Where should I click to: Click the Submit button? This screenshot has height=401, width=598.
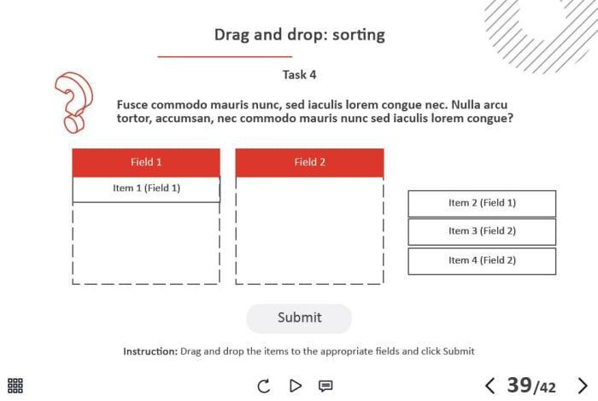(x=299, y=318)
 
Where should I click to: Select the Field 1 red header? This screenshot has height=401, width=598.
(x=146, y=163)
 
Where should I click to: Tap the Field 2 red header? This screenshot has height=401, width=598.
(x=309, y=163)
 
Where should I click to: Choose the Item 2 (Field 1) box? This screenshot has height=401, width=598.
(x=482, y=203)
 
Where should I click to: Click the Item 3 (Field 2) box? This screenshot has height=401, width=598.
(x=482, y=231)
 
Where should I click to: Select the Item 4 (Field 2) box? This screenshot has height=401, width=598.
(x=482, y=261)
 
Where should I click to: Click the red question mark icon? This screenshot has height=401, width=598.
(x=73, y=102)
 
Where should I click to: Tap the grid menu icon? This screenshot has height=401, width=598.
(x=15, y=386)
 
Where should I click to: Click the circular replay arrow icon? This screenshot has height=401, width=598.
(x=263, y=386)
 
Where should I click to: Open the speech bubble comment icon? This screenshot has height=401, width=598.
(x=325, y=386)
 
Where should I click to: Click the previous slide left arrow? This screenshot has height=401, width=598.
(x=490, y=386)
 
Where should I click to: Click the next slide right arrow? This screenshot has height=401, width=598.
(x=583, y=386)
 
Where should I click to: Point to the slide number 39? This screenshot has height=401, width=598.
(x=519, y=385)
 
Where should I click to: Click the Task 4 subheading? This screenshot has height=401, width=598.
(x=299, y=74)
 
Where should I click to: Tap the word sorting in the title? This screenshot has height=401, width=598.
(x=359, y=35)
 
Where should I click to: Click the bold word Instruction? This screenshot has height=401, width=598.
(x=150, y=352)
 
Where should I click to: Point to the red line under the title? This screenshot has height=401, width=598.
(x=225, y=57)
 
